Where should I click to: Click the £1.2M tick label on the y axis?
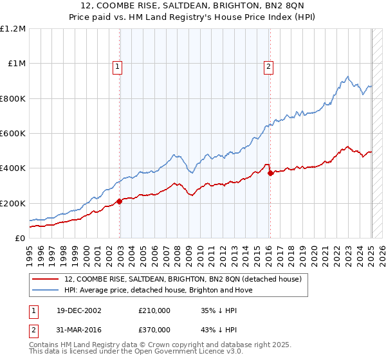13,29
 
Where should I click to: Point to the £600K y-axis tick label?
13,134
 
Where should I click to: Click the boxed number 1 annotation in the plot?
119,65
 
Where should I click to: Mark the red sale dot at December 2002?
120,202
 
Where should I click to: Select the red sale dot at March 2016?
270,172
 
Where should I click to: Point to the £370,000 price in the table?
154,331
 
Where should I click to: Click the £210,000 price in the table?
154,310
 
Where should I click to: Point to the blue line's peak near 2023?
347,76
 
